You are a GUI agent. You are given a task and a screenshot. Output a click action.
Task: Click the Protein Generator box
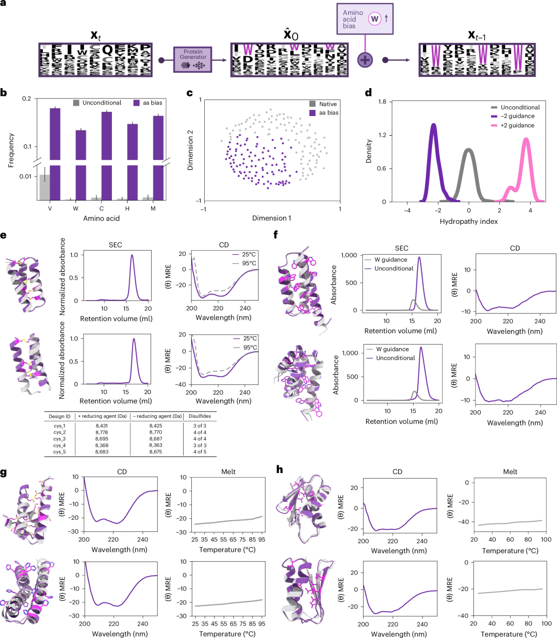(x=193, y=60)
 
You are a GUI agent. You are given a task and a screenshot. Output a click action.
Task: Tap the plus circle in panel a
(x=365, y=60)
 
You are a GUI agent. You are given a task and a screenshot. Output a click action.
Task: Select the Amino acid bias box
(x=365, y=19)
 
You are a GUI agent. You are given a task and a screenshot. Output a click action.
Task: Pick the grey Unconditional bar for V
(x=45, y=187)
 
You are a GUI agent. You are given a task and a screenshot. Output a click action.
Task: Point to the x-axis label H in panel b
(x=127, y=208)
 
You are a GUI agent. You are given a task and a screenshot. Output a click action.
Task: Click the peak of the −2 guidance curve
(x=434, y=124)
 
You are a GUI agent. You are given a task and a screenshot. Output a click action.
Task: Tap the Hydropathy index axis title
(x=468, y=221)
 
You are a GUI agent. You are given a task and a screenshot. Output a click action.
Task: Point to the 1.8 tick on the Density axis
(x=382, y=102)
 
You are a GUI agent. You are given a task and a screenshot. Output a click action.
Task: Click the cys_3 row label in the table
(x=59, y=439)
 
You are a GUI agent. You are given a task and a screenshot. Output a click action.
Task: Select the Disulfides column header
(x=200, y=416)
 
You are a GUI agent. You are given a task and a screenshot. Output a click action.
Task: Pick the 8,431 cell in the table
(x=102, y=426)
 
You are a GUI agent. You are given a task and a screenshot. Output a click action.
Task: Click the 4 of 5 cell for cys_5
(x=200, y=452)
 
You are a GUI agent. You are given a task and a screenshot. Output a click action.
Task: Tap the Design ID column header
(x=59, y=416)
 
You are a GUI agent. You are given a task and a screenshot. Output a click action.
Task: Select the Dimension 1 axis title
(x=271, y=218)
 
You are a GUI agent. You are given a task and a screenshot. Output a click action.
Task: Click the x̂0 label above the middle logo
(x=290, y=35)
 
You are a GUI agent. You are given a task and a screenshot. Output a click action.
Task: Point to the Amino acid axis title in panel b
(x=102, y=218)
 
